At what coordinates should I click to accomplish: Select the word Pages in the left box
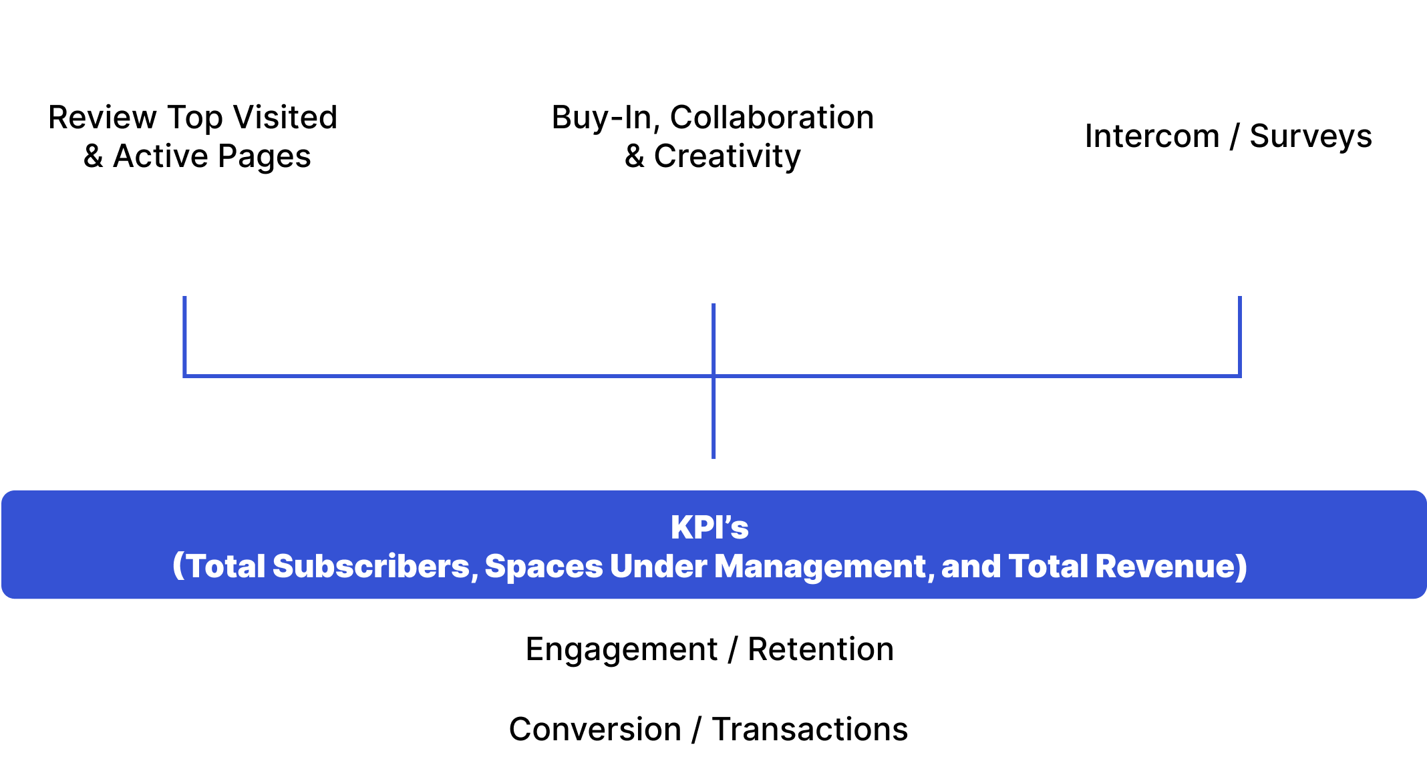pos(264,157)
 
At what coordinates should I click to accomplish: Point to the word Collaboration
pos(772,118)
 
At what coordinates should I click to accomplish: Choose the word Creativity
pos(727,156)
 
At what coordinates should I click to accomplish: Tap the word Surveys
pos(1311,136)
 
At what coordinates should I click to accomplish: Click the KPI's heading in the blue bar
pos(709,527)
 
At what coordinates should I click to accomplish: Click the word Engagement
pos(621,649)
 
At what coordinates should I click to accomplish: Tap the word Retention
pos(820,649)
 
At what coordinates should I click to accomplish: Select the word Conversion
pos(595,729)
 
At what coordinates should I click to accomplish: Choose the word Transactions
pos(810,729)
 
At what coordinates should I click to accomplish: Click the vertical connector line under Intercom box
pos(1240,334)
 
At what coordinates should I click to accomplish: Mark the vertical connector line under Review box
pos(184,334)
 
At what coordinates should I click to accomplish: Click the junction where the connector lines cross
pos(713,376)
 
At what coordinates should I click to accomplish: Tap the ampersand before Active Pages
pos(93,157)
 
